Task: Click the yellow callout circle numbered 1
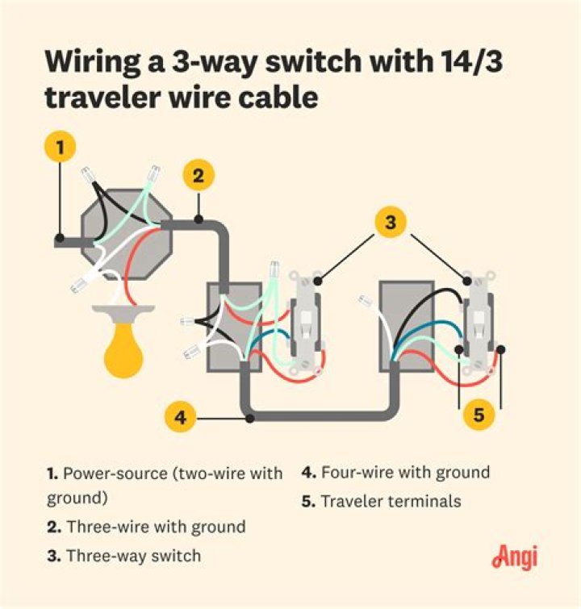(59, 148)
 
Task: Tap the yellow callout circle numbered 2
(199, 176)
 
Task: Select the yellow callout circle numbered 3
(391, 223)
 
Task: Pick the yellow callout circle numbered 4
(181, 418)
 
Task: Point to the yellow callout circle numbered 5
(479, 416)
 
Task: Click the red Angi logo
(514, 557)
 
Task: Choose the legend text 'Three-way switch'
(133, 556)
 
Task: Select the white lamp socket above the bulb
(123, 303)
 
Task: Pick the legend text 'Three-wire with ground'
(155, 528)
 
